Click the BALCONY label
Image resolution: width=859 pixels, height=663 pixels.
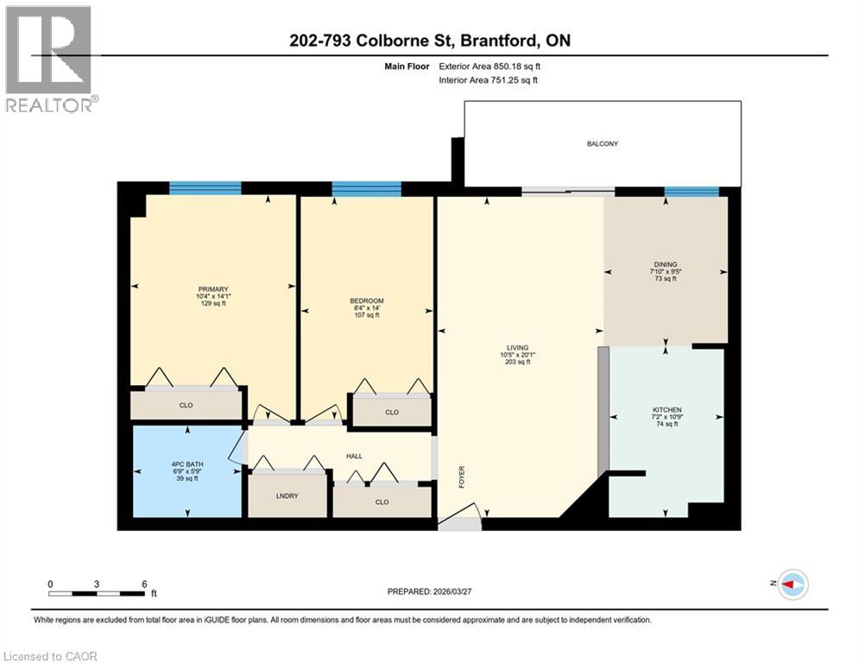coord(602,144)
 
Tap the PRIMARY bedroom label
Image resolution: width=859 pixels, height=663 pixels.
coord(212,289)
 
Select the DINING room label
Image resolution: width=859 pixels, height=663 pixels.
coord(665,265)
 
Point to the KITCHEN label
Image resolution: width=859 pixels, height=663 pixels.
coord(667,409)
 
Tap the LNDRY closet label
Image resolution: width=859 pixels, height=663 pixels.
coord(287,497)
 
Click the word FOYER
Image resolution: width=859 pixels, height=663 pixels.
coord(462,477)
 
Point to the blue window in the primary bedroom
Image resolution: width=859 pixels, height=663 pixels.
coord(205,189)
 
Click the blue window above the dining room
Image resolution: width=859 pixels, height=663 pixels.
coord(692,192)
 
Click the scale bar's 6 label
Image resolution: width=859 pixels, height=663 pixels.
coord(143,584)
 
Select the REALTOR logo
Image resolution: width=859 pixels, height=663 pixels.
coord(50,59)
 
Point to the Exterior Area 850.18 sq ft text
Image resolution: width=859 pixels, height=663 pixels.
coord(491,65)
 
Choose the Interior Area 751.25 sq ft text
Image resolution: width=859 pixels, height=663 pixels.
coord(490,80)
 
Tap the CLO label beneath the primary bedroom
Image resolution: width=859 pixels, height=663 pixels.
coord(185,404)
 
